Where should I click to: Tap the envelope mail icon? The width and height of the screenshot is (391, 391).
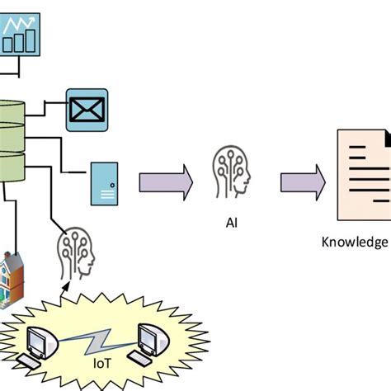point(87,110)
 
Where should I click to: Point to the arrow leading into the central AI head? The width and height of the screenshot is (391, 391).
point(164,181)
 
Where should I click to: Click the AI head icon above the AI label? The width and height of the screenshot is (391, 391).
point(232,174)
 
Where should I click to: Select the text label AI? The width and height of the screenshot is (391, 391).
point(231,222)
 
